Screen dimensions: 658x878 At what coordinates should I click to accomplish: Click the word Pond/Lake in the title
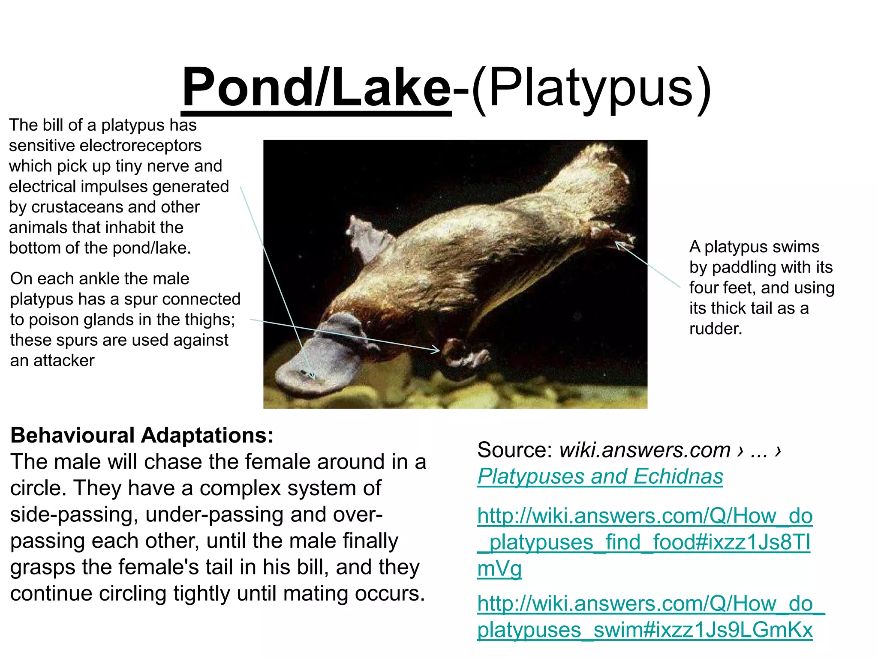point(316,88)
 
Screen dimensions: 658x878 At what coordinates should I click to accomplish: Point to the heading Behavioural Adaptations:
point(142,435)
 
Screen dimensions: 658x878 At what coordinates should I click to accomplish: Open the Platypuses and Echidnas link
point(600,476)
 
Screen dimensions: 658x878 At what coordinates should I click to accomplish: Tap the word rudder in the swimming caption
point(715,329)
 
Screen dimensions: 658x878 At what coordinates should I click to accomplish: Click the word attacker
point(64,361)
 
